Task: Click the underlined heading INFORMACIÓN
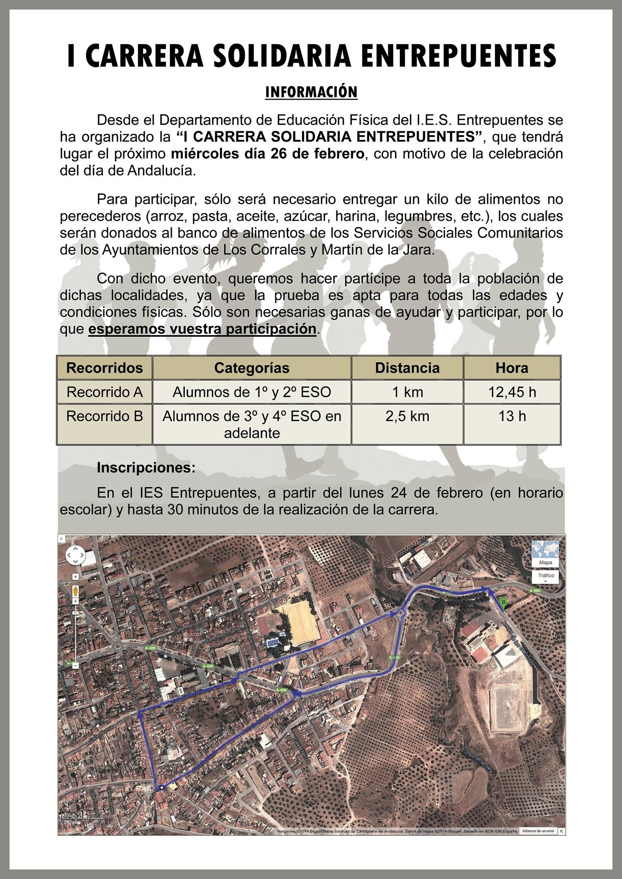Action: [311, 92]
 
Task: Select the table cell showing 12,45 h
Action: [512, 392]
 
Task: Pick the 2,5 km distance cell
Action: [407, 416]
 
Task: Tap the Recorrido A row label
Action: [104, 392]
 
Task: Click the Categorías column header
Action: [252, 368]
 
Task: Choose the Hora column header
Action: [512, 368]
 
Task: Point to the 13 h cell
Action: [512, 416]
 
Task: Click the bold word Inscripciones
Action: [146, 467]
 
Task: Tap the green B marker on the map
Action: [503, 602]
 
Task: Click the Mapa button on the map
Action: [545, 562]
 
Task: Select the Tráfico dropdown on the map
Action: [545, 576]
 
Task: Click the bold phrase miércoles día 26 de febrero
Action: [268, 154]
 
